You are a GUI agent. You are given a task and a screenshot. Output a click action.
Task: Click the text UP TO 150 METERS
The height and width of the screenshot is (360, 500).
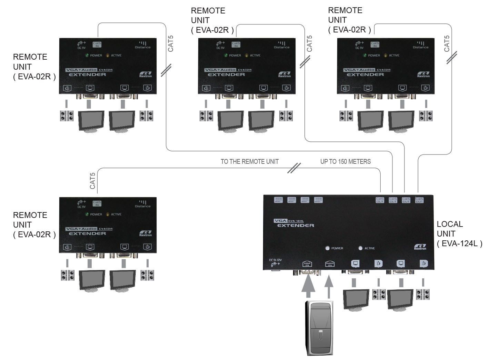[346, 161]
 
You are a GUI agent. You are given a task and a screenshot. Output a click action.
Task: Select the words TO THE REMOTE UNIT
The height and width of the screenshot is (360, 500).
[249, 161]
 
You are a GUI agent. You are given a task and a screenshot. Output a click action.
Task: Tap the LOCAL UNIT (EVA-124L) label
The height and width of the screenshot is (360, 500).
[459, 234]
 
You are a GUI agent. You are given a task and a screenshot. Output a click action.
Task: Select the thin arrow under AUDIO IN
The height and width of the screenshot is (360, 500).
[329, 286]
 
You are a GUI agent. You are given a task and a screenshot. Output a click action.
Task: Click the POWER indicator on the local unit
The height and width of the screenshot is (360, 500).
[328, 248]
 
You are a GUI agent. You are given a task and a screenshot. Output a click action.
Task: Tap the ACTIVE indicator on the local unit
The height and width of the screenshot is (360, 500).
[361, 248]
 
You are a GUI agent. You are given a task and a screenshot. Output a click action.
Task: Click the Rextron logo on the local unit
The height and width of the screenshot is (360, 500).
[420, 247]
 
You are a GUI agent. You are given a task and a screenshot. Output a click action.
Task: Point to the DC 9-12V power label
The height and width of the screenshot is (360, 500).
[275, 262]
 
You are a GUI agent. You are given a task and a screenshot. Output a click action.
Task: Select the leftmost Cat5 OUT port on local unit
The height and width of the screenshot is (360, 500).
[380, 200]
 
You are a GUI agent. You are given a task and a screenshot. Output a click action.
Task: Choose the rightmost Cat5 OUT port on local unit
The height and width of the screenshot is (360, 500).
[419, 200]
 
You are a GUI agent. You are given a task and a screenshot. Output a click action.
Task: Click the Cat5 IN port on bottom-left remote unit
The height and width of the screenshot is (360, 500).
[97, 203]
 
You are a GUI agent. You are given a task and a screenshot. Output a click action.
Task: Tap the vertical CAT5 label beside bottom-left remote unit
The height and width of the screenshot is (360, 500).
[92, 181]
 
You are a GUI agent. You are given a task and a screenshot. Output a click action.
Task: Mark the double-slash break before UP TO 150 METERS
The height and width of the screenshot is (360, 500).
[294, 168]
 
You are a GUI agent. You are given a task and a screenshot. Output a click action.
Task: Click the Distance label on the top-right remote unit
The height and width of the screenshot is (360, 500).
[420, 47]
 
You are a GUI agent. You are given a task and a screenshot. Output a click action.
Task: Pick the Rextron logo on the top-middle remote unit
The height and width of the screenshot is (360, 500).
[284, 74]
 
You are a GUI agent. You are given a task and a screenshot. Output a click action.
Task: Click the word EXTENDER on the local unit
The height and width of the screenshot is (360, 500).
[296, 226]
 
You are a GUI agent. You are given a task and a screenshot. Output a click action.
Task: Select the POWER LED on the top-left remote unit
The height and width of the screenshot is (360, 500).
[88, 55]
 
